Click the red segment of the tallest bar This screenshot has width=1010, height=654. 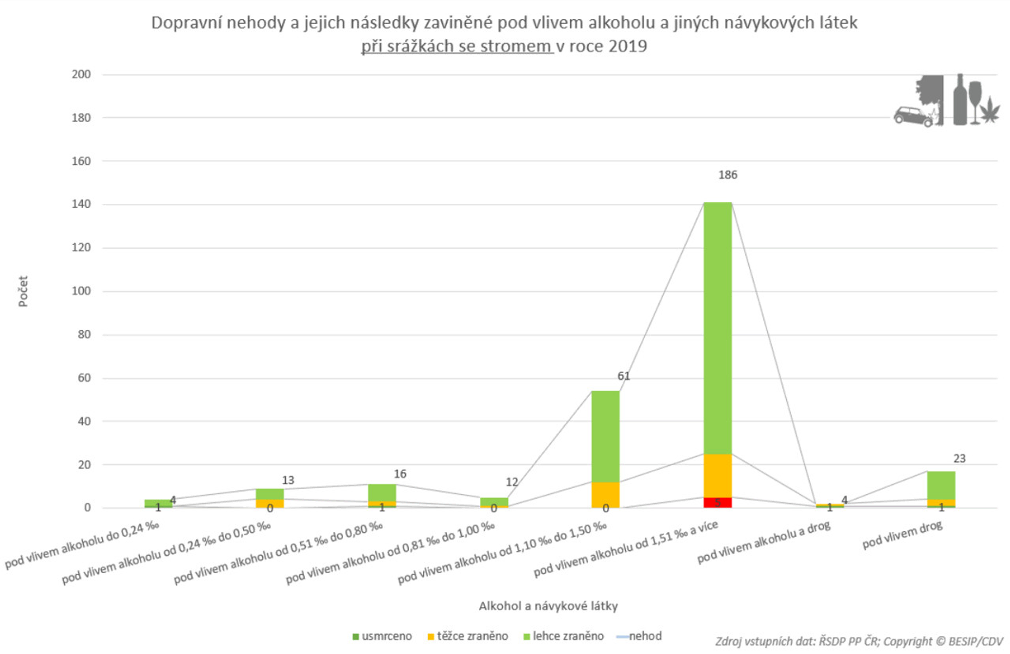point(717,502)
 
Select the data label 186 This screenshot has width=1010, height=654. point(727,175)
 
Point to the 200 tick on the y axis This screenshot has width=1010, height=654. point(81,74)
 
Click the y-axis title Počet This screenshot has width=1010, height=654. point(23,291)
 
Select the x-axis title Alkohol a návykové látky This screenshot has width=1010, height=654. point(548,606)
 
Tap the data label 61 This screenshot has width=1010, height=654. point(623,376)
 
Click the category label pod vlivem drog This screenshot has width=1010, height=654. point(902,535)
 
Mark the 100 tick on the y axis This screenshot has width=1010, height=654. point(81,291)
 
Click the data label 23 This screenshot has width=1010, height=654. point(959,458)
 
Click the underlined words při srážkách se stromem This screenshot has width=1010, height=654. point(457,46)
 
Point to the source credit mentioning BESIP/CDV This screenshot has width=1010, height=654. point(859,641)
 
